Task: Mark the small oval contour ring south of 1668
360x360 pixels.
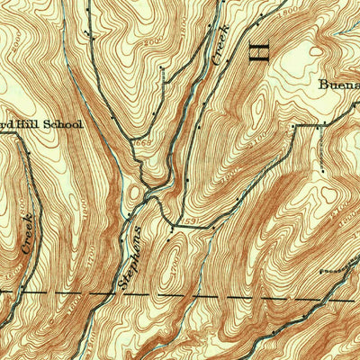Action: click(x=136, y=192)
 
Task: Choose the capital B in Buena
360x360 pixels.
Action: click(x=322, y=87)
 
